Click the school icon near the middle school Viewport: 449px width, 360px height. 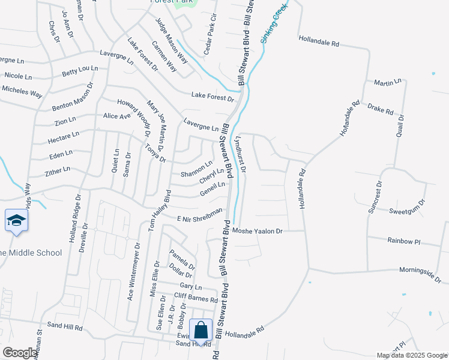pyautogui.click(x=16, y=221)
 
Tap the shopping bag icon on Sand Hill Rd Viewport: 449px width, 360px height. pyautogui.click(x=201, y=330)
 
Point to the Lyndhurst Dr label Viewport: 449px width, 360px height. pyautogui.click(x=241, y=154)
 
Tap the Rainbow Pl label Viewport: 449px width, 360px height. pyautogui.click(x=404, y=242)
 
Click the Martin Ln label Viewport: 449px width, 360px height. pyautogui.click(x=387, y=82)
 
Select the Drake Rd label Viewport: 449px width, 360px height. pyautogui.click(x=380, y=111)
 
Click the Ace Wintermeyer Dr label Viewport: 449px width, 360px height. pyautogui.click(x=133, y=272)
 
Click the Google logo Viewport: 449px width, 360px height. pyautogui.click(x=20, y=353)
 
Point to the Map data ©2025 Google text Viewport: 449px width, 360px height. pyautogui.click(x=411, y=355)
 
